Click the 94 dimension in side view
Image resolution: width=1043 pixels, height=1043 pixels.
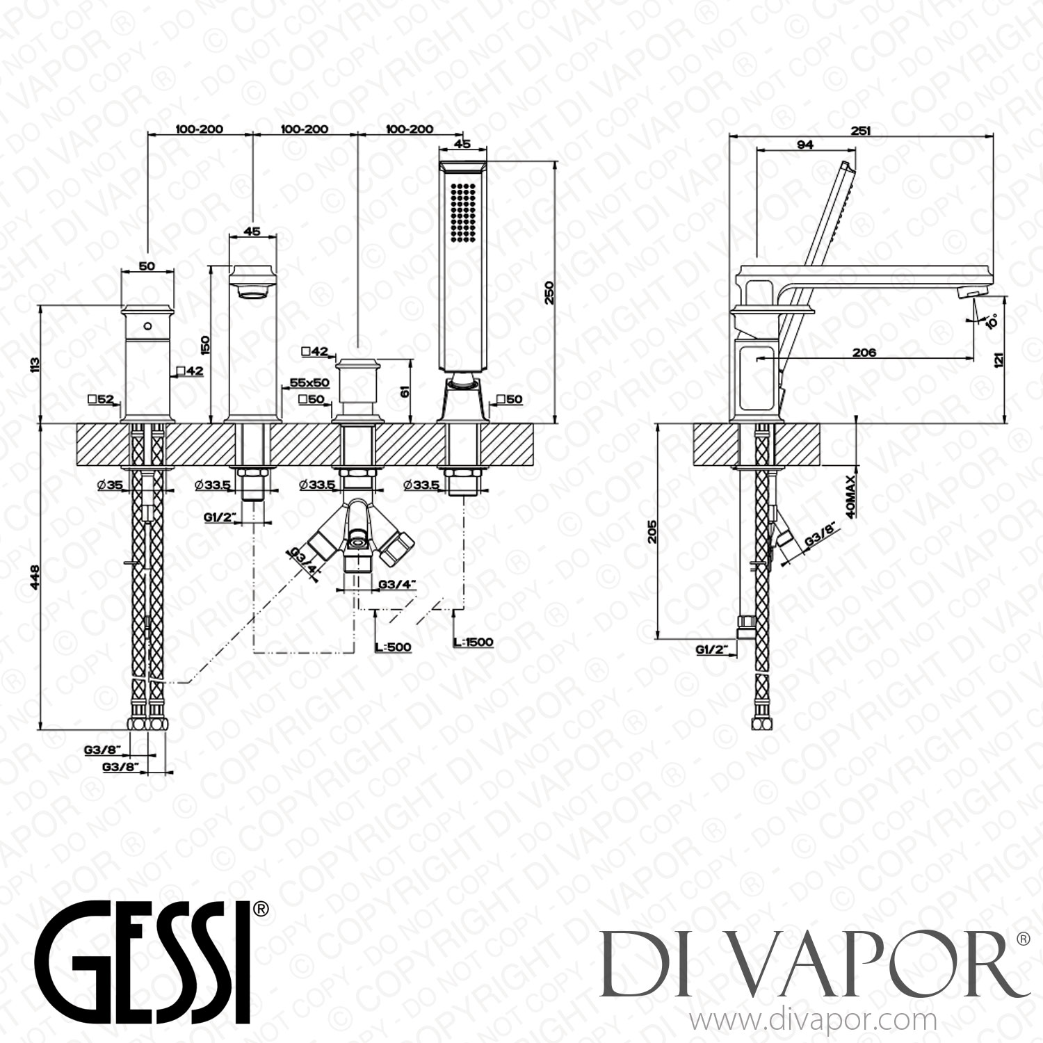point(805,145)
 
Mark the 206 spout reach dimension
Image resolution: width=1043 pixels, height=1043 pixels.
point(864,353)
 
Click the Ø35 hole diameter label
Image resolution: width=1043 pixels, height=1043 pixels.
point(111,485)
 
